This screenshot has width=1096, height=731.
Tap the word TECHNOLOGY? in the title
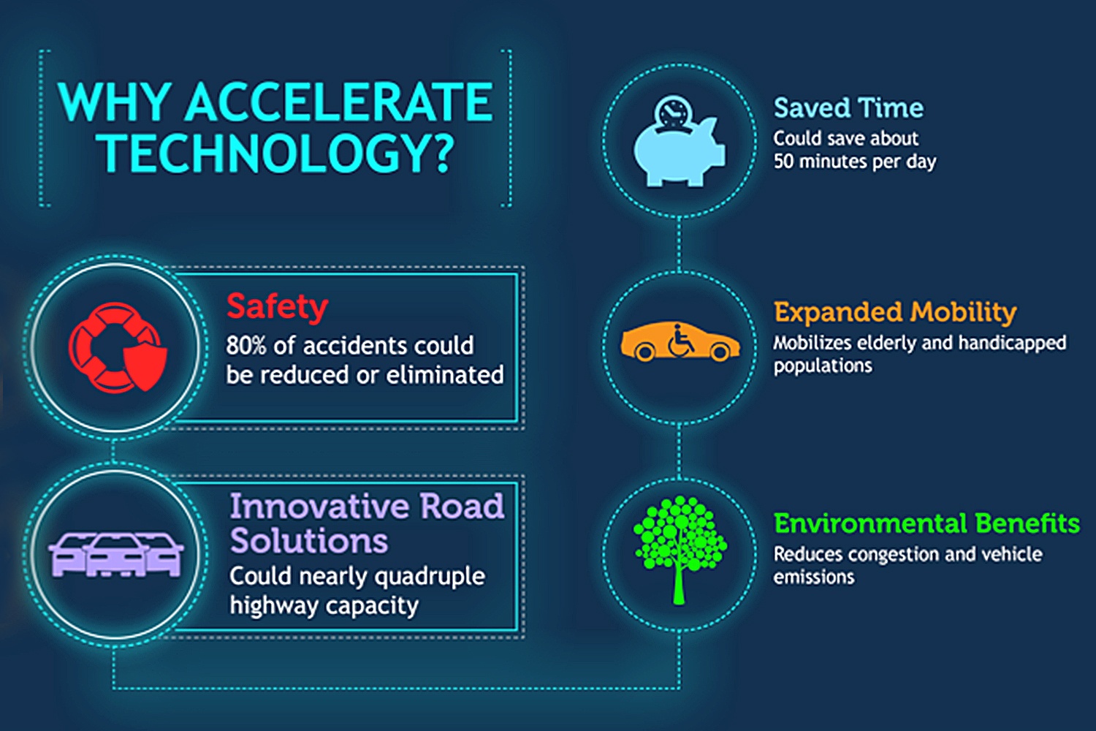click(276, 154)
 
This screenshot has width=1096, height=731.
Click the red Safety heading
click(278, 308)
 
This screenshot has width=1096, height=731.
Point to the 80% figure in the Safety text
click(246, 346)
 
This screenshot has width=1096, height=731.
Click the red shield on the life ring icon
click(145, 365)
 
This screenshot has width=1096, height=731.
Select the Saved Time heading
click(848, 108)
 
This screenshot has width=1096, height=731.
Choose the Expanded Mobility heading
click(895, 313)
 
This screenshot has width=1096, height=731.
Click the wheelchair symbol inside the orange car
click(680, 340)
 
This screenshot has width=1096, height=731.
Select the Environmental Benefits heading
click(926, 524)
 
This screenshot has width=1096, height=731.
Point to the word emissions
click(814, 577)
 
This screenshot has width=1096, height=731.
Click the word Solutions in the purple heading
click(309, 540)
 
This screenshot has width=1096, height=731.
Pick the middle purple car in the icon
click(115, 556)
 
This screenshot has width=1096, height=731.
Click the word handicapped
click(1012, 344)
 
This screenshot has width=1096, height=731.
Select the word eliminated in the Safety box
click(445, 375)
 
